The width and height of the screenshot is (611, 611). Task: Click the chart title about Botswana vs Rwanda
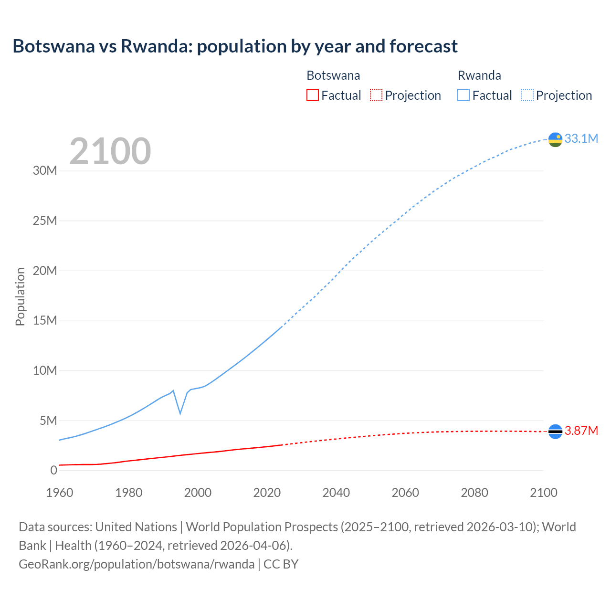click(235, 46)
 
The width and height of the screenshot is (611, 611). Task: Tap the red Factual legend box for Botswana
click(312, 95)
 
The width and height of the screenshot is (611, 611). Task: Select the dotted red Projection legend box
click(376, 95)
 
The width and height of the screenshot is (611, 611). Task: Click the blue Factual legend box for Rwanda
click(463, 95)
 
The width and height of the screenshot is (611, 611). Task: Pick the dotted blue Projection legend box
click(527, 95)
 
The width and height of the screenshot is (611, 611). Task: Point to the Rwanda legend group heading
click(479, 75)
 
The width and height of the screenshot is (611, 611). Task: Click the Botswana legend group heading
click(333, 75)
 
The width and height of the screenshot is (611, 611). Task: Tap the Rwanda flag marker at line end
click(555, 139)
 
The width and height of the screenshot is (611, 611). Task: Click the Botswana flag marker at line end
click(555, 432)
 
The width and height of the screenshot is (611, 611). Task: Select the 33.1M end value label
click(581, 138)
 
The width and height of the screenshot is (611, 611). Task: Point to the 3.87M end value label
click(581, 431)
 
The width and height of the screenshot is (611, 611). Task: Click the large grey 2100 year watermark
click(110, 151)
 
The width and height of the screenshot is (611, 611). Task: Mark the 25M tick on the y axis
click(45, 221)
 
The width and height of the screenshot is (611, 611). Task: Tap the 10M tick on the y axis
click(45, 370)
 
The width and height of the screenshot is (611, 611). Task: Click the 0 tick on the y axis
click(53, 470)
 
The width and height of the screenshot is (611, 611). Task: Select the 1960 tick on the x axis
click(60, 493)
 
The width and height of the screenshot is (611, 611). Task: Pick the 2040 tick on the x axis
click(336, 493)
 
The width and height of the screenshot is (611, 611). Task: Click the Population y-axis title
click(20, 296)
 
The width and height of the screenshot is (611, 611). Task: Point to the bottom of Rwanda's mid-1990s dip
click(180, 413)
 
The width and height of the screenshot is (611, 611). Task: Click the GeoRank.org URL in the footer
click(137, 564)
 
